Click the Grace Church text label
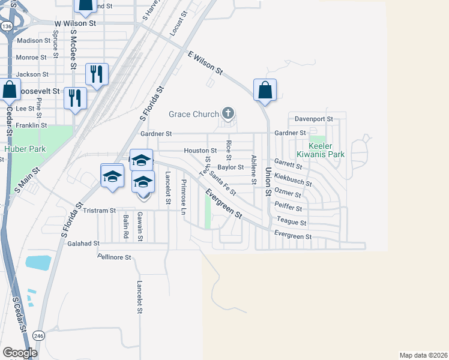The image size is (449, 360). point(194,113)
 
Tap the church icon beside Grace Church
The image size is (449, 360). point(228,112)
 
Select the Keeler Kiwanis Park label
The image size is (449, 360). point(327,150)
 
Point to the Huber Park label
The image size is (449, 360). point(21,148)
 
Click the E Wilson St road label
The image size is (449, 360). point(205,63)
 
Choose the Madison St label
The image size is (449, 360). point(34,41)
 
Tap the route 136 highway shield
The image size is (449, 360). point(7,26)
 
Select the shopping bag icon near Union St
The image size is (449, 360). point(265,91)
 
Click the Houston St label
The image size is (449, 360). point(200,151)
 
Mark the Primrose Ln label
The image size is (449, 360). point(184,197)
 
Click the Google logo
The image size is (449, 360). point(20,353)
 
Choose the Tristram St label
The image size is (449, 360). point(99,211)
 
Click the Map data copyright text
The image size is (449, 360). point(424,355)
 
